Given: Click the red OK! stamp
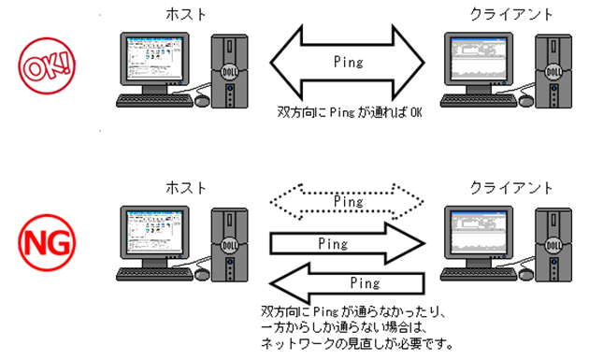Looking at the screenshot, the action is pyautogui.click(x=47, y=65).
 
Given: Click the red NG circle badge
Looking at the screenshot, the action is pyautogui.click(x=47, y=243).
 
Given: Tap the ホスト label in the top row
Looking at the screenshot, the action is pyautogui.click(x=186, y=15).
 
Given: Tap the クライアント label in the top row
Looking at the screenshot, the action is pyautogui.click(x=511, y=15).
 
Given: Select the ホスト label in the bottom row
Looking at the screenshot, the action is pyautogui.click(x=186, y=188).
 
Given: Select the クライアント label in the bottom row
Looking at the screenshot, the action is pyautogui.click(x=511, y=188).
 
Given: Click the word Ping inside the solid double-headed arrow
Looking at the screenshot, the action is pyautogui.click(x=348, y=63).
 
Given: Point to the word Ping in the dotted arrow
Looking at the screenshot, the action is pyautogui.click(x=348, y=201).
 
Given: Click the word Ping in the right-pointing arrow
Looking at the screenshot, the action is pyautogui.click(x=333, y=244).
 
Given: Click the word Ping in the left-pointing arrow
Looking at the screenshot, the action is pyautogui.click(x=365, y=283).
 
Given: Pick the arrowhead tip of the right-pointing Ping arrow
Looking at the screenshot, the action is pyautogui.click(x=424, y=243).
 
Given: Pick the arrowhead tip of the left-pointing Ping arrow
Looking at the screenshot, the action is pyautogui.click(x=270, y=284).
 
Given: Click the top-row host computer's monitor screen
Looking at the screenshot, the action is pyautogui.click(x=154, y=59).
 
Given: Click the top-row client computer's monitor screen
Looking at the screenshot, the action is pyautogui.click(x=479, y=59).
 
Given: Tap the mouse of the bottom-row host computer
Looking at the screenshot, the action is pyautogui.click(x=202, y=274).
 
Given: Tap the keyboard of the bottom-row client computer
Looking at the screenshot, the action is pyautogui.click(x=479, y=274).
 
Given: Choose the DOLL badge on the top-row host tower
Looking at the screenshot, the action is pyautogui.click(x=230, y=72).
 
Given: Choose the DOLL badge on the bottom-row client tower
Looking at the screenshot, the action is pyautogui.click(x=553, y=245).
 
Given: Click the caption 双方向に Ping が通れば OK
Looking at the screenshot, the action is pyautogui.click(x=350, y=112).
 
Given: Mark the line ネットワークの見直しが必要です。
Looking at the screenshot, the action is pyautogui.click(x=357, y=343).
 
